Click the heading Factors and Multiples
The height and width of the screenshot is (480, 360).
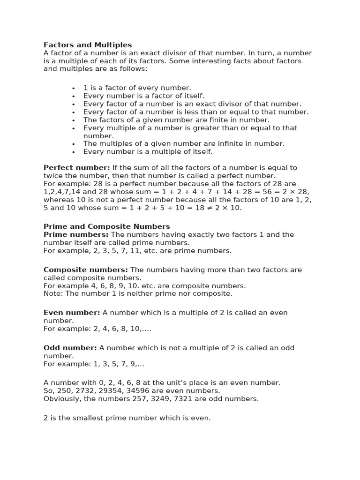(88, 45)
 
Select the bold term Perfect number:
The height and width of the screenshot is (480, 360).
(76, 168)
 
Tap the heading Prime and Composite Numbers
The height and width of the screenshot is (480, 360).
(107, 226)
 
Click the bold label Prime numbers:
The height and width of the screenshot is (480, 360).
(76, 234)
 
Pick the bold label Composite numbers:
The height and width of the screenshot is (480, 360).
(86, 270)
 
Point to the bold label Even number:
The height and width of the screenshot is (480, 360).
(72, 313)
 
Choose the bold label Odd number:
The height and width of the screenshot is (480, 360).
(70, 348)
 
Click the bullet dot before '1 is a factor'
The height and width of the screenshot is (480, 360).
(74, 88)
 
